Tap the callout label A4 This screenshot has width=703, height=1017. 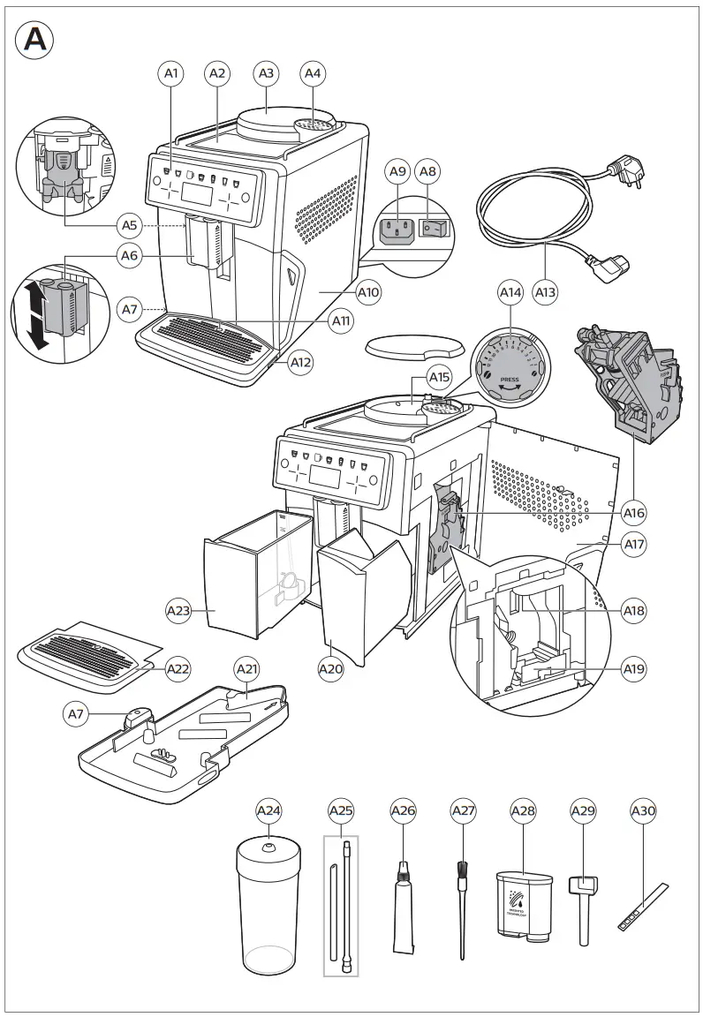coord(313,74)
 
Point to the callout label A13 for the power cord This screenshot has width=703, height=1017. coord(546,291)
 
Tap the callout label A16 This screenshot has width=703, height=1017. coord(633,513)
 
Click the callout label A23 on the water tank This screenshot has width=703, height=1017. coord(178,609)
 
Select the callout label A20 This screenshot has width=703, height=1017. coord(330,669)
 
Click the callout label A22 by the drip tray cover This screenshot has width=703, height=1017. coord(178,669)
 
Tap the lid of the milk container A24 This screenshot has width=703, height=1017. coord(268,848)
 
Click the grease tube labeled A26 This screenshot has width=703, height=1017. coord(402,918)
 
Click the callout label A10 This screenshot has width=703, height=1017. coord(368,291)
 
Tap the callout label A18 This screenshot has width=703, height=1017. coord(633,610)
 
